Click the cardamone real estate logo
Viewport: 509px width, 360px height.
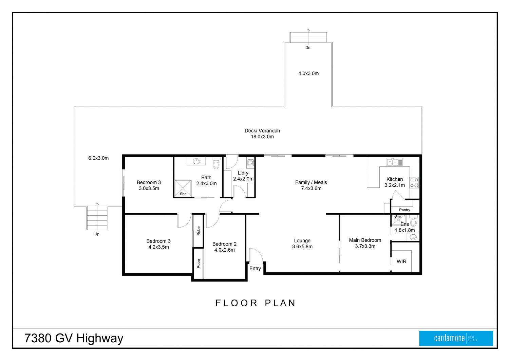[456, 338]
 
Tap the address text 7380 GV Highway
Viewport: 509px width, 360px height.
[74, 338]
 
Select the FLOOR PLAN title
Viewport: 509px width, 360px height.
[256, 303]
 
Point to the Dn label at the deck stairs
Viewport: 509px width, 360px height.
[308, 48]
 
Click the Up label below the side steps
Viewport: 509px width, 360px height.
[97, 234]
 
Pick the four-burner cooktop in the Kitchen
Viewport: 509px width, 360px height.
[414, 183]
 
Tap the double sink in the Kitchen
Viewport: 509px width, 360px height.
[395, 162]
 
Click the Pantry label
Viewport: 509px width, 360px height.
[404, 210]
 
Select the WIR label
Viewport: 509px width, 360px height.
[401, 262]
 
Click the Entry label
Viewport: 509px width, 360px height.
[255, 268]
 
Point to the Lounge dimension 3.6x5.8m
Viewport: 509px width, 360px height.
[302, 247]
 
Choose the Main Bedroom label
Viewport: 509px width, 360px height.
[365, 240]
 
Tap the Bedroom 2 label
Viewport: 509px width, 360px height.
[224, 244]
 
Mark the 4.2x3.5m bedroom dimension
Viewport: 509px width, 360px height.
[158, 247]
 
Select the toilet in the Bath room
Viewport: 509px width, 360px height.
[216, 164]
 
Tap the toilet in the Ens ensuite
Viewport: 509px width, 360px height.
[413, 222]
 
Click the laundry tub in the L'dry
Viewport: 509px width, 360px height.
[250, 163]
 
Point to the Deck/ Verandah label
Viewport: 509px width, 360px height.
[262, 130]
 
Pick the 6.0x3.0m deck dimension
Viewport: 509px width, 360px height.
[98, 158]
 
